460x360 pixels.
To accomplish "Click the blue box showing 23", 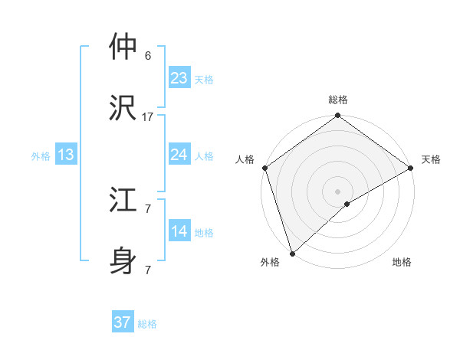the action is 179,77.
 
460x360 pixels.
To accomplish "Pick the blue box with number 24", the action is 179,155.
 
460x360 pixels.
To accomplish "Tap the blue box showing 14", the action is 179,231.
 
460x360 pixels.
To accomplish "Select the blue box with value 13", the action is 66,155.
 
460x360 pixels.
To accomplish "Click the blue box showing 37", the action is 123,322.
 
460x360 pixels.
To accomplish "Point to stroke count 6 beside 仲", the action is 148,56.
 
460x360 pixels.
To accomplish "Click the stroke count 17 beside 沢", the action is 148,116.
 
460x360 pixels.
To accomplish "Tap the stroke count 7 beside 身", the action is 148,270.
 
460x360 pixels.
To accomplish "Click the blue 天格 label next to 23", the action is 204,79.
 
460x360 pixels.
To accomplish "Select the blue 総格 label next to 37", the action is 147,324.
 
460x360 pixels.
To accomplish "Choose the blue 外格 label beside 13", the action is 41,156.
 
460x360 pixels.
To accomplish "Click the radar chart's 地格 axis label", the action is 402,262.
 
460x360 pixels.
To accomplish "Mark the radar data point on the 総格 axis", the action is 337,116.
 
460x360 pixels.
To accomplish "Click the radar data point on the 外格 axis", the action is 292,252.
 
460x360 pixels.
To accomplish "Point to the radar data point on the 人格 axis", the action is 264,168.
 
